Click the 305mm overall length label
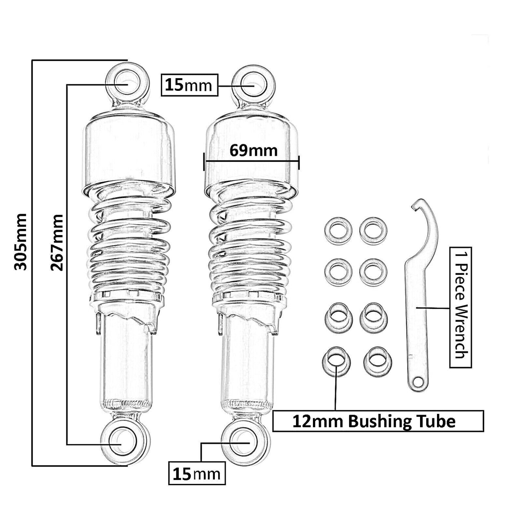(x=20, y=242)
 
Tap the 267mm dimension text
(x=57, y=242)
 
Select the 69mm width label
(x=253, y=150)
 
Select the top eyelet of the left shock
(x=127, y=83)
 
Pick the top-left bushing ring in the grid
(x=338, y=230)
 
